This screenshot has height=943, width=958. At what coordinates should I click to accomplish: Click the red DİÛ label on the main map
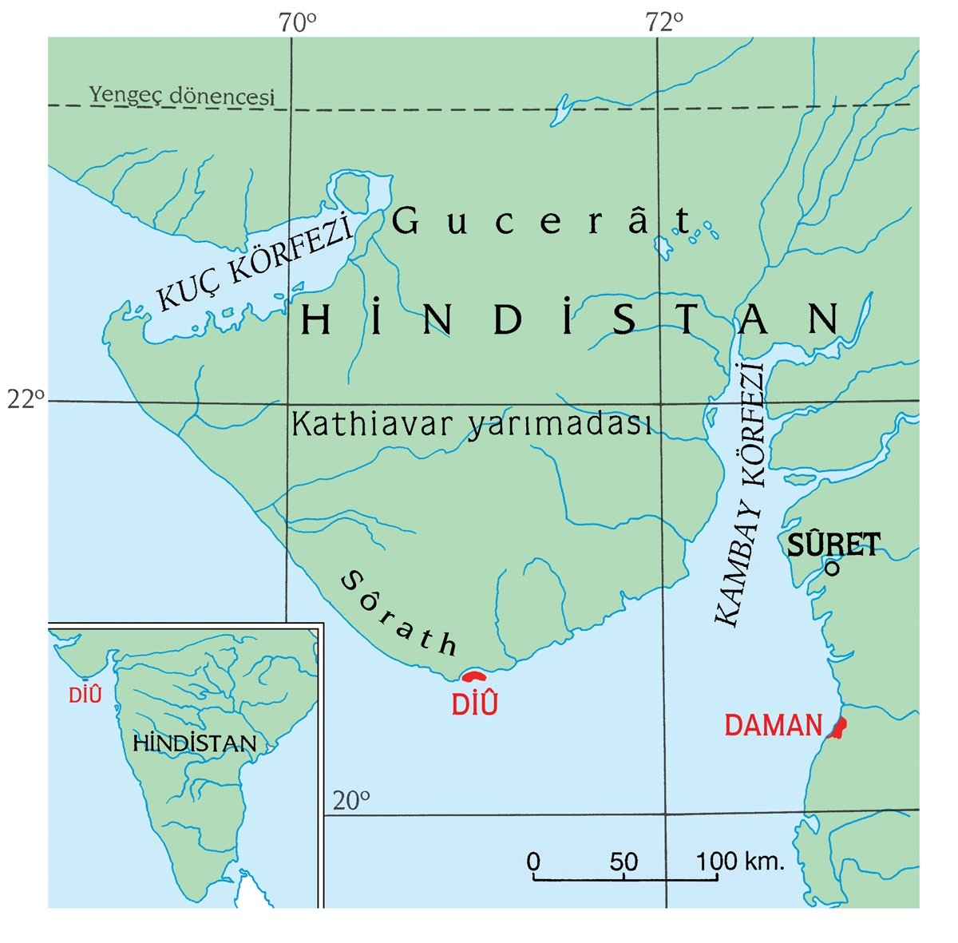tap(474, 704)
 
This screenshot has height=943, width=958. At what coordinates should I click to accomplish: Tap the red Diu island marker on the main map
tap(474, 676)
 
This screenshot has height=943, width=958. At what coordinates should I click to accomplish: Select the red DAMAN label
tap(773, 725)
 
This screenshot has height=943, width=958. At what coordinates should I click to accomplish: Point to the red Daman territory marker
tap(838, 728)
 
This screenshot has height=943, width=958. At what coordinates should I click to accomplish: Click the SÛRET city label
tap(833, 545)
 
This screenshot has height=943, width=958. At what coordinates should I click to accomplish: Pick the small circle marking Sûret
tap(832, 569)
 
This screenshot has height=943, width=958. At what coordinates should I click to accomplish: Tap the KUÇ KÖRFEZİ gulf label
tap(255, 260)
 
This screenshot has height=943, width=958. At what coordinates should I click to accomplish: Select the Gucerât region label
tap(543, 221)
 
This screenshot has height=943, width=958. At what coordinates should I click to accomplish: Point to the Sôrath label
tap(399, 612)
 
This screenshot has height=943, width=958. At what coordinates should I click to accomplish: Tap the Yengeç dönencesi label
tap(181, 95)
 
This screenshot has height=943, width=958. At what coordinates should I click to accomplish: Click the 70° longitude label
tap(298, 23)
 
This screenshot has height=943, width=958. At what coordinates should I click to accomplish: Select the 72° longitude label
tap(665, 23)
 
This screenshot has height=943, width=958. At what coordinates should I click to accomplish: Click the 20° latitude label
tap(351, 799)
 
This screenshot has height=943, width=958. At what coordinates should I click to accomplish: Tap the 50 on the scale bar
tap(623, 862)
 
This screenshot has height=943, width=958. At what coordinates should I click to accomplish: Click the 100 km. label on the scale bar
tap(740, 862)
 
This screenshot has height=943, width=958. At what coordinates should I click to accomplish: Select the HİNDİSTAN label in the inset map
tap(195, 743)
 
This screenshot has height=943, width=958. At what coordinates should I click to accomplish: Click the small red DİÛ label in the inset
tap(85, 695)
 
